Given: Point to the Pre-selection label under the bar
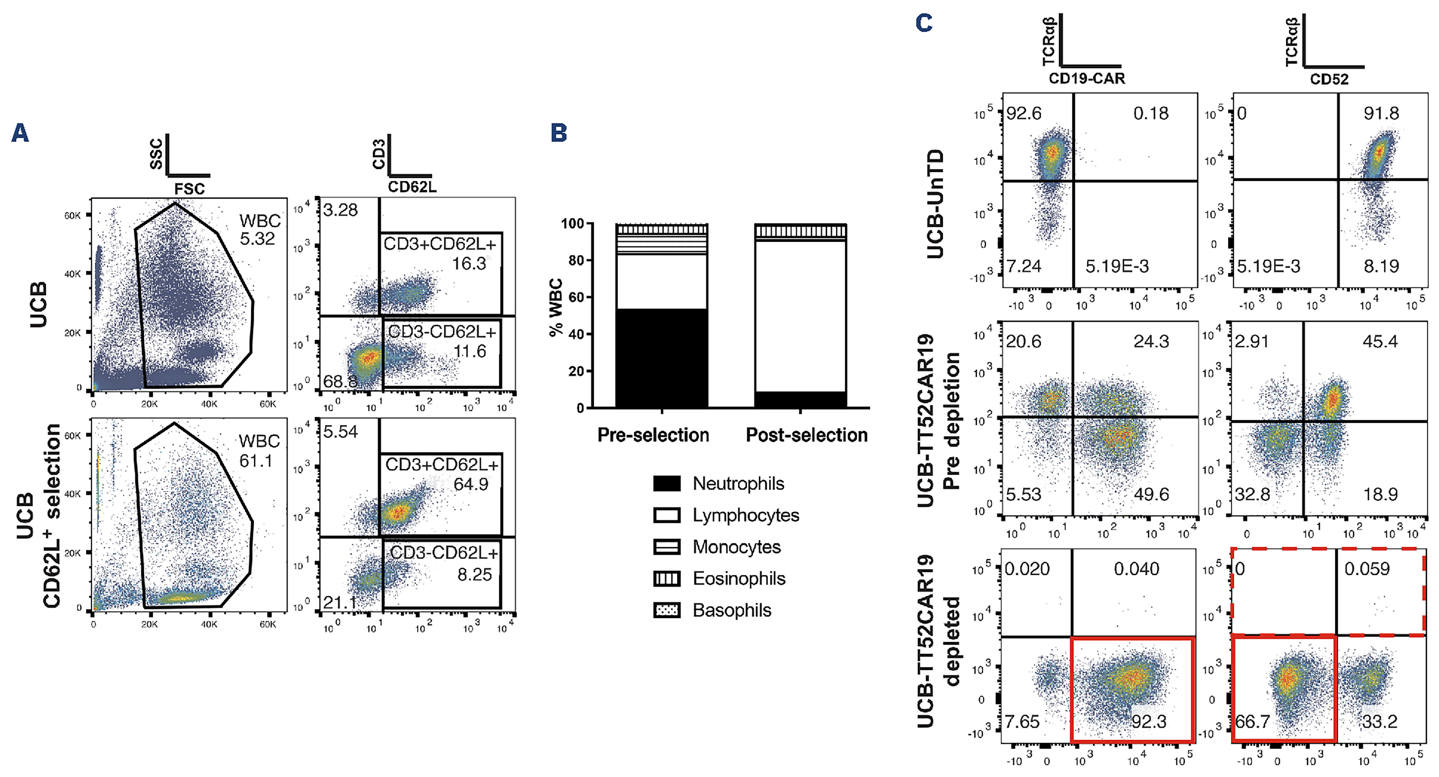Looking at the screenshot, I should coord(653,435).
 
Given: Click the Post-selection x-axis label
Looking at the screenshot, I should coord(807,435).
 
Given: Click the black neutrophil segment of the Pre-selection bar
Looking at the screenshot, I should coord(661,358).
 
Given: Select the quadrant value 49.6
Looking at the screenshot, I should coord(1151,494).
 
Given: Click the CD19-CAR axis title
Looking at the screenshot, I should coord(1086,79).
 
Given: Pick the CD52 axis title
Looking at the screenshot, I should coord(1329,79).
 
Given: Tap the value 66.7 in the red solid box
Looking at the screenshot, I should coord(1252,722).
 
